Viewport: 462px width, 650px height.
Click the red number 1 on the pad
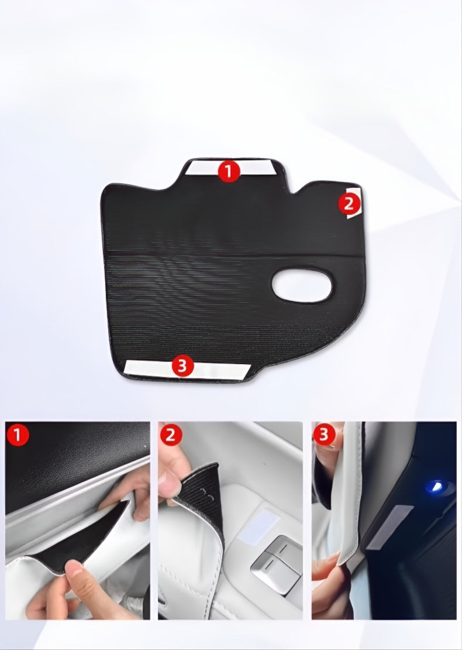[x=229, y=172]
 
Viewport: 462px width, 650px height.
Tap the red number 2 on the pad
[x=349, y=204]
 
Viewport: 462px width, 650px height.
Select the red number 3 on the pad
[x=182, y=367]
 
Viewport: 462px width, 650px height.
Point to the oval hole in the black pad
[x=302, y=286]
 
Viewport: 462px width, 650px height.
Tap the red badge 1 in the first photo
[x=18, y=436]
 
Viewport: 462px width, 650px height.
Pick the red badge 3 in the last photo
[x=324, y=435]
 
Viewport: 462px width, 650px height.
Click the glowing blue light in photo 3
[x=435, y=485]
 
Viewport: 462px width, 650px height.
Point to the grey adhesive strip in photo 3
[x=390, y=526]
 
